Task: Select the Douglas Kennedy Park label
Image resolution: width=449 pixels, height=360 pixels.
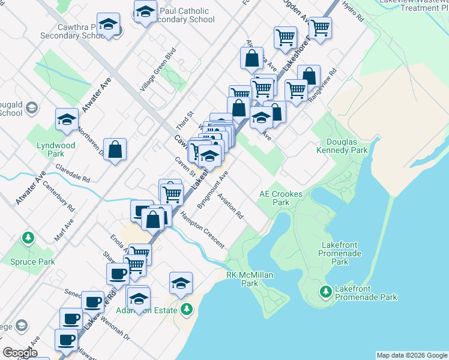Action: pos(346,146)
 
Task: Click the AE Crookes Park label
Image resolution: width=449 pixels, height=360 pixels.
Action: pos(280,198)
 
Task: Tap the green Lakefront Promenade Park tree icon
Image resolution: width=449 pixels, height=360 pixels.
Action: pos(326,292)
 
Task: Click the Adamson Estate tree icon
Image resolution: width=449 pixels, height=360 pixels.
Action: pos(187,310)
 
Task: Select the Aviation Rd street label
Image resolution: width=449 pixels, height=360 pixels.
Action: pos(231,206)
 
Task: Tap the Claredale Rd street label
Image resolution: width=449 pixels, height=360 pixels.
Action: pos(73,175)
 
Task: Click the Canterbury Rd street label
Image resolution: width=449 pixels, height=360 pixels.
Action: pos(62,198)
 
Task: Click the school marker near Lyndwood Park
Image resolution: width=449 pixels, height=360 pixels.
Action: pos(67,119)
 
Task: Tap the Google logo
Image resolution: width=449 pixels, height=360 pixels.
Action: pos(20,352)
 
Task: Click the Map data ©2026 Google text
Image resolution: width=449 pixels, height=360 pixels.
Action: pos(411,355)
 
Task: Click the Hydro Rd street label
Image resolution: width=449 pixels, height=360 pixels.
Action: pos(352,13)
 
